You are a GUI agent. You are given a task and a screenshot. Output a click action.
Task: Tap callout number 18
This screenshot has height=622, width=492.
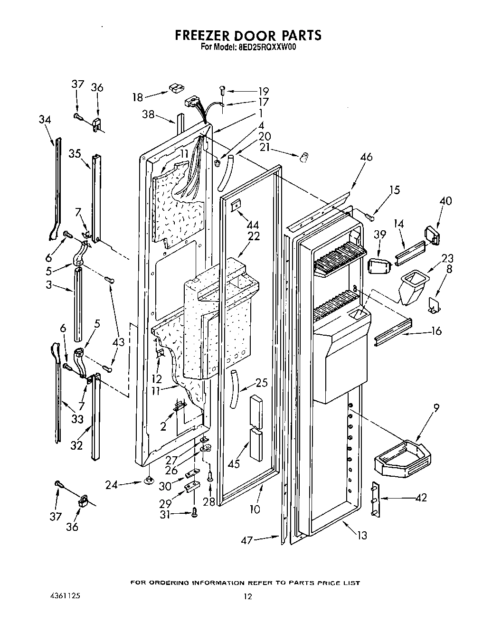138,97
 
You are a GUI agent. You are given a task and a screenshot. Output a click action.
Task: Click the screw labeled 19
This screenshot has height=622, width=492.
223,89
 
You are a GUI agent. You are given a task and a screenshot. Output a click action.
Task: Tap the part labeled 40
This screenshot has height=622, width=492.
431,235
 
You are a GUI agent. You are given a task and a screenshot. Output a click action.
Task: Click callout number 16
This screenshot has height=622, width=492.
435,331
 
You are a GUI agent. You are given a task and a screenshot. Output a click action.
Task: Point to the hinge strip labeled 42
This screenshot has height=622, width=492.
375,500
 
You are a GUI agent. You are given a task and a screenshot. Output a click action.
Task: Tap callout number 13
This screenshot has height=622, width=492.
362,536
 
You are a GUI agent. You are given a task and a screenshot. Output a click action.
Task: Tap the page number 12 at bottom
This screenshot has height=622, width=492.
246,596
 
